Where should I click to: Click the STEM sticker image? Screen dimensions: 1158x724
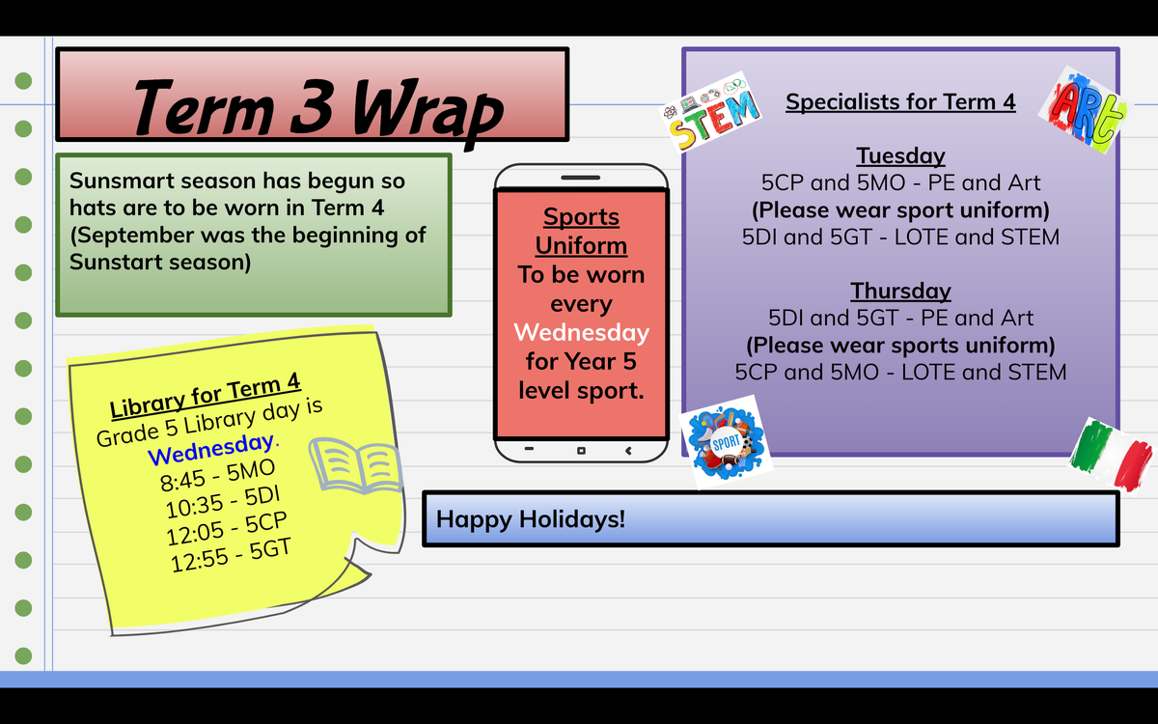click(711, 113)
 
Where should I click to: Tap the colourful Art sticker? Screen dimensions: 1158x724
click(1085, 110)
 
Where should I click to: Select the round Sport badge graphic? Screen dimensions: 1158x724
click(727, 443)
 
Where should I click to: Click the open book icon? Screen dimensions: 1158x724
click(356, 465)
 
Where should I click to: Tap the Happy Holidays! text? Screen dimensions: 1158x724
click(531, 519)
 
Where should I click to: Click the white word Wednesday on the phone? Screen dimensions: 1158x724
click(581, 332)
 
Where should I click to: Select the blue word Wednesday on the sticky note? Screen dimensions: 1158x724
click(210, 450)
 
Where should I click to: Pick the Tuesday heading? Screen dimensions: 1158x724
click(900, 155)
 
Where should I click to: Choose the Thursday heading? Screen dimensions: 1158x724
click(900, 291)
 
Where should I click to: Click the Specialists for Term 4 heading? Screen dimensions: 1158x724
click(900, 102)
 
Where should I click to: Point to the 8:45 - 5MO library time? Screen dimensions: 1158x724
click(218, 476)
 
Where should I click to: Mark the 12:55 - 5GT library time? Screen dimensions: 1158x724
click(231, 556)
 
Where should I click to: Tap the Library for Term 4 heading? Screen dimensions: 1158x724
click(205, 396)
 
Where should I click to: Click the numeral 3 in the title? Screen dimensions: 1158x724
click(311, 106)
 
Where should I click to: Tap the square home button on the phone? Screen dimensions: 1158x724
click(581, 451)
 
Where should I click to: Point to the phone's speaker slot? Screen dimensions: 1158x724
click(581, 178)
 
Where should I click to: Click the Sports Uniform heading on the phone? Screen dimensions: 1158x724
click(581, 231)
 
